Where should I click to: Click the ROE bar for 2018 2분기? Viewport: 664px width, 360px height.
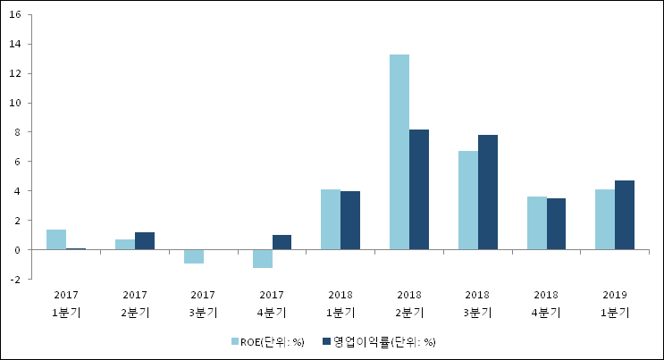click(x=399, y=152)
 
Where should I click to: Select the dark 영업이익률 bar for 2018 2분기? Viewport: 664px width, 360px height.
click(x=419, y=189)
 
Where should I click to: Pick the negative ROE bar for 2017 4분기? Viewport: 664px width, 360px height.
click(x=262, y=258)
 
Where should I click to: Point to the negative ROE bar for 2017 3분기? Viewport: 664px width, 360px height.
click(x=194, y=256)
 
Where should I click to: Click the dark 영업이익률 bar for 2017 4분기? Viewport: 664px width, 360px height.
click(x=282, y=242)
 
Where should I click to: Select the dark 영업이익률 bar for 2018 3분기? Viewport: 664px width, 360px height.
click(x=488, y=192)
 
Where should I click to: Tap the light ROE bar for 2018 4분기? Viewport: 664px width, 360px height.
click(x=536, y=222)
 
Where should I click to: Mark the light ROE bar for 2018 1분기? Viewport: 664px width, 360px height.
click(x=331, y=219)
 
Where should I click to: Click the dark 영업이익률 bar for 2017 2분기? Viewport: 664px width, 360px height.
click(x=145, y=240)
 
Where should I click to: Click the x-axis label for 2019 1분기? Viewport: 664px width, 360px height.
click(x=615, y=303)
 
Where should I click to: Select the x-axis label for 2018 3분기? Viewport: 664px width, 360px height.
click(x=478, y=303)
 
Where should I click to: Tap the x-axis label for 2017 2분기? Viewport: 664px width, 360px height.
click(x=135, y=303)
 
